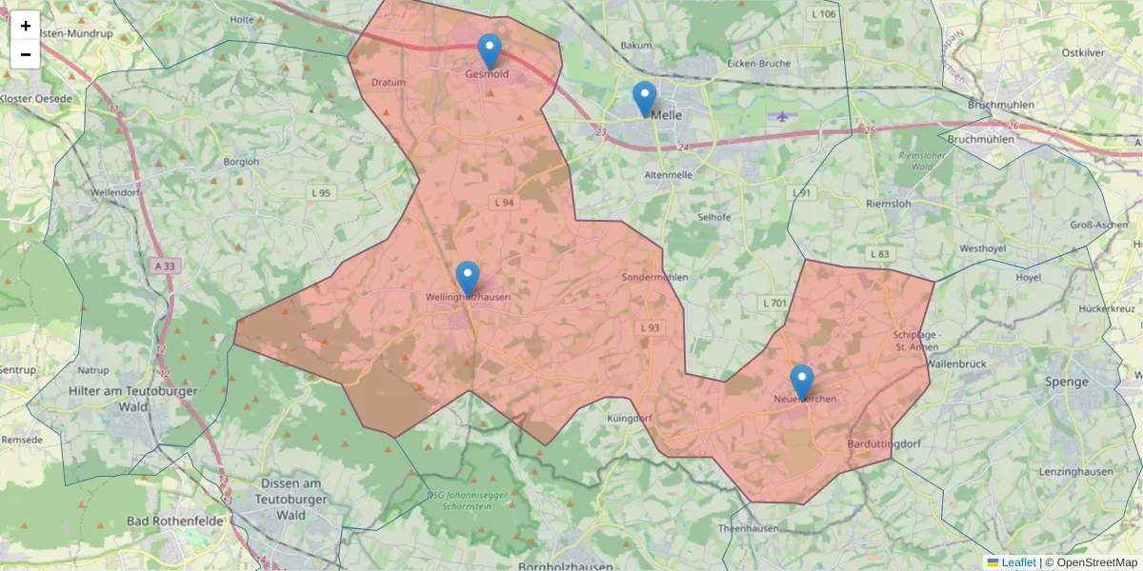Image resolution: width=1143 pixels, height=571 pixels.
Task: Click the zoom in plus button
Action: (26, 26)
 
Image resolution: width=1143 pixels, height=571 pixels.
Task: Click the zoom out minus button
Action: (26, 54)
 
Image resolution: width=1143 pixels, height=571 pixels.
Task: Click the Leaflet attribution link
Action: (1018, 562)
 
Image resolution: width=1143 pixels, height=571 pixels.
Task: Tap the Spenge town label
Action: (1066, 382)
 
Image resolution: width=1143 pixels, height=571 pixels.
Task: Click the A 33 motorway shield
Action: (163, 266)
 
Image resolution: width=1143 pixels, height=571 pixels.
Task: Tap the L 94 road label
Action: (504, 203)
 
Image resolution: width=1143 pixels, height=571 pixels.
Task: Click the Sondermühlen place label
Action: (654, 277)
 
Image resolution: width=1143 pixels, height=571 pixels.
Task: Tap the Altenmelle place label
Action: (669, 176)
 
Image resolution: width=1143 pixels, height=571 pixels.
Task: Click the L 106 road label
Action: (823, 14)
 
